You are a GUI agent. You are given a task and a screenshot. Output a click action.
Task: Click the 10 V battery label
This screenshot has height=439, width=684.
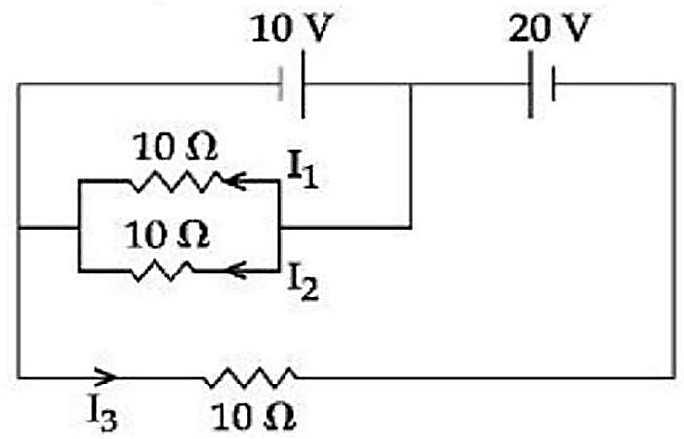[x=292, y=28]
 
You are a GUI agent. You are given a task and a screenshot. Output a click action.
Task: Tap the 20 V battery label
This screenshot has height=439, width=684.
[x=550, y=28]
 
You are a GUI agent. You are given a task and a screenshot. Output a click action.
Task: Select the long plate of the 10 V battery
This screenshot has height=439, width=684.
[x=303, y=84]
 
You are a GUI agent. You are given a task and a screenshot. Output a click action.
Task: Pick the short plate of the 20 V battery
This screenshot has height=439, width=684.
[x=553, y=84]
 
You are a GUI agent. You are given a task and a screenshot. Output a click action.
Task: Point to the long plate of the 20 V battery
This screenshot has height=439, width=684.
[x=530, y=84]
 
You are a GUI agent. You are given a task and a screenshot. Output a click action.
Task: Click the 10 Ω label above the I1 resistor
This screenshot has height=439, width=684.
[x=175, y=147]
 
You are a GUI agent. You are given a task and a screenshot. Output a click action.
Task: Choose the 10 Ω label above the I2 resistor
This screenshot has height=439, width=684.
[x=168, y=236]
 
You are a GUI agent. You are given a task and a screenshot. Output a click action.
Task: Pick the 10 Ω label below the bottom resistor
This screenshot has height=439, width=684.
[x=253, y=417]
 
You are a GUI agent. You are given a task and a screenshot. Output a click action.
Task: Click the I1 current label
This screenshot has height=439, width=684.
[x=303, y=169]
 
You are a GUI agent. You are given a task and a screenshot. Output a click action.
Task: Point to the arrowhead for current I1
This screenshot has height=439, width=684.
[x=236, y=180]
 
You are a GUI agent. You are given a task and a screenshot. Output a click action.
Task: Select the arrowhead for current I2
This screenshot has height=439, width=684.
[x=238, y=271]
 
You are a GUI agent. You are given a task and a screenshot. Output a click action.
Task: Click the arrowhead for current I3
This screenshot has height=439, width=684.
[x=105, y=377]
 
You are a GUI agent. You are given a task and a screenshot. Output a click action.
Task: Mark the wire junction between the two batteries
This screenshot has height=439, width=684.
[x=410, y=84]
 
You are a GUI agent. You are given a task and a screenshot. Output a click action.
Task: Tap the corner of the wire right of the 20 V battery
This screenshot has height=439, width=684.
[x=675, y=84]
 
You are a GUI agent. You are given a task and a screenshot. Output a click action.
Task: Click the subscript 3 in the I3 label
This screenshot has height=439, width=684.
[x=110, y=421]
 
